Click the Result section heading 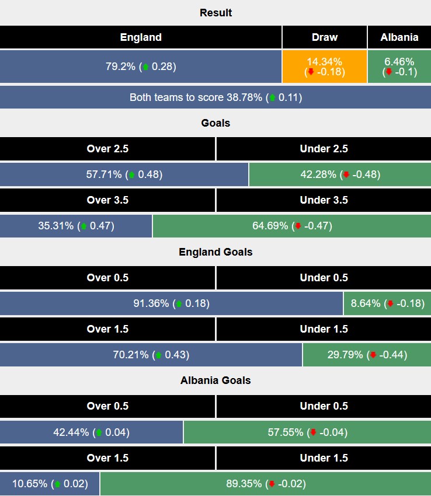(215, 13)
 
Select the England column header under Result (141, 37)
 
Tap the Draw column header (325, 37)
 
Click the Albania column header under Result (399, 37)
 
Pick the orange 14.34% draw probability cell (325, 67)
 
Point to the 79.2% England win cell (141, 67)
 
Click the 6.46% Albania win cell (399, 67)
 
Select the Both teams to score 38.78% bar (215, 97)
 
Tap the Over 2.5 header (107, 149)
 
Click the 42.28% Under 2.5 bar (340, 174)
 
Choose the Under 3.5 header (324, 200)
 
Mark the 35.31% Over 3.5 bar (76, 226)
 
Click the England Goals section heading (215, 252)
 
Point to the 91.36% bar (171, 303)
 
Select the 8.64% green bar (388, 303)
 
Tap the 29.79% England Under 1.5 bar (367, 355)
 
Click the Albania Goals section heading (215, 380)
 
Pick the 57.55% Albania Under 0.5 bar (307, 432)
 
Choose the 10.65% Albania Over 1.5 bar (50, 484)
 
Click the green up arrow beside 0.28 (145, 67)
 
